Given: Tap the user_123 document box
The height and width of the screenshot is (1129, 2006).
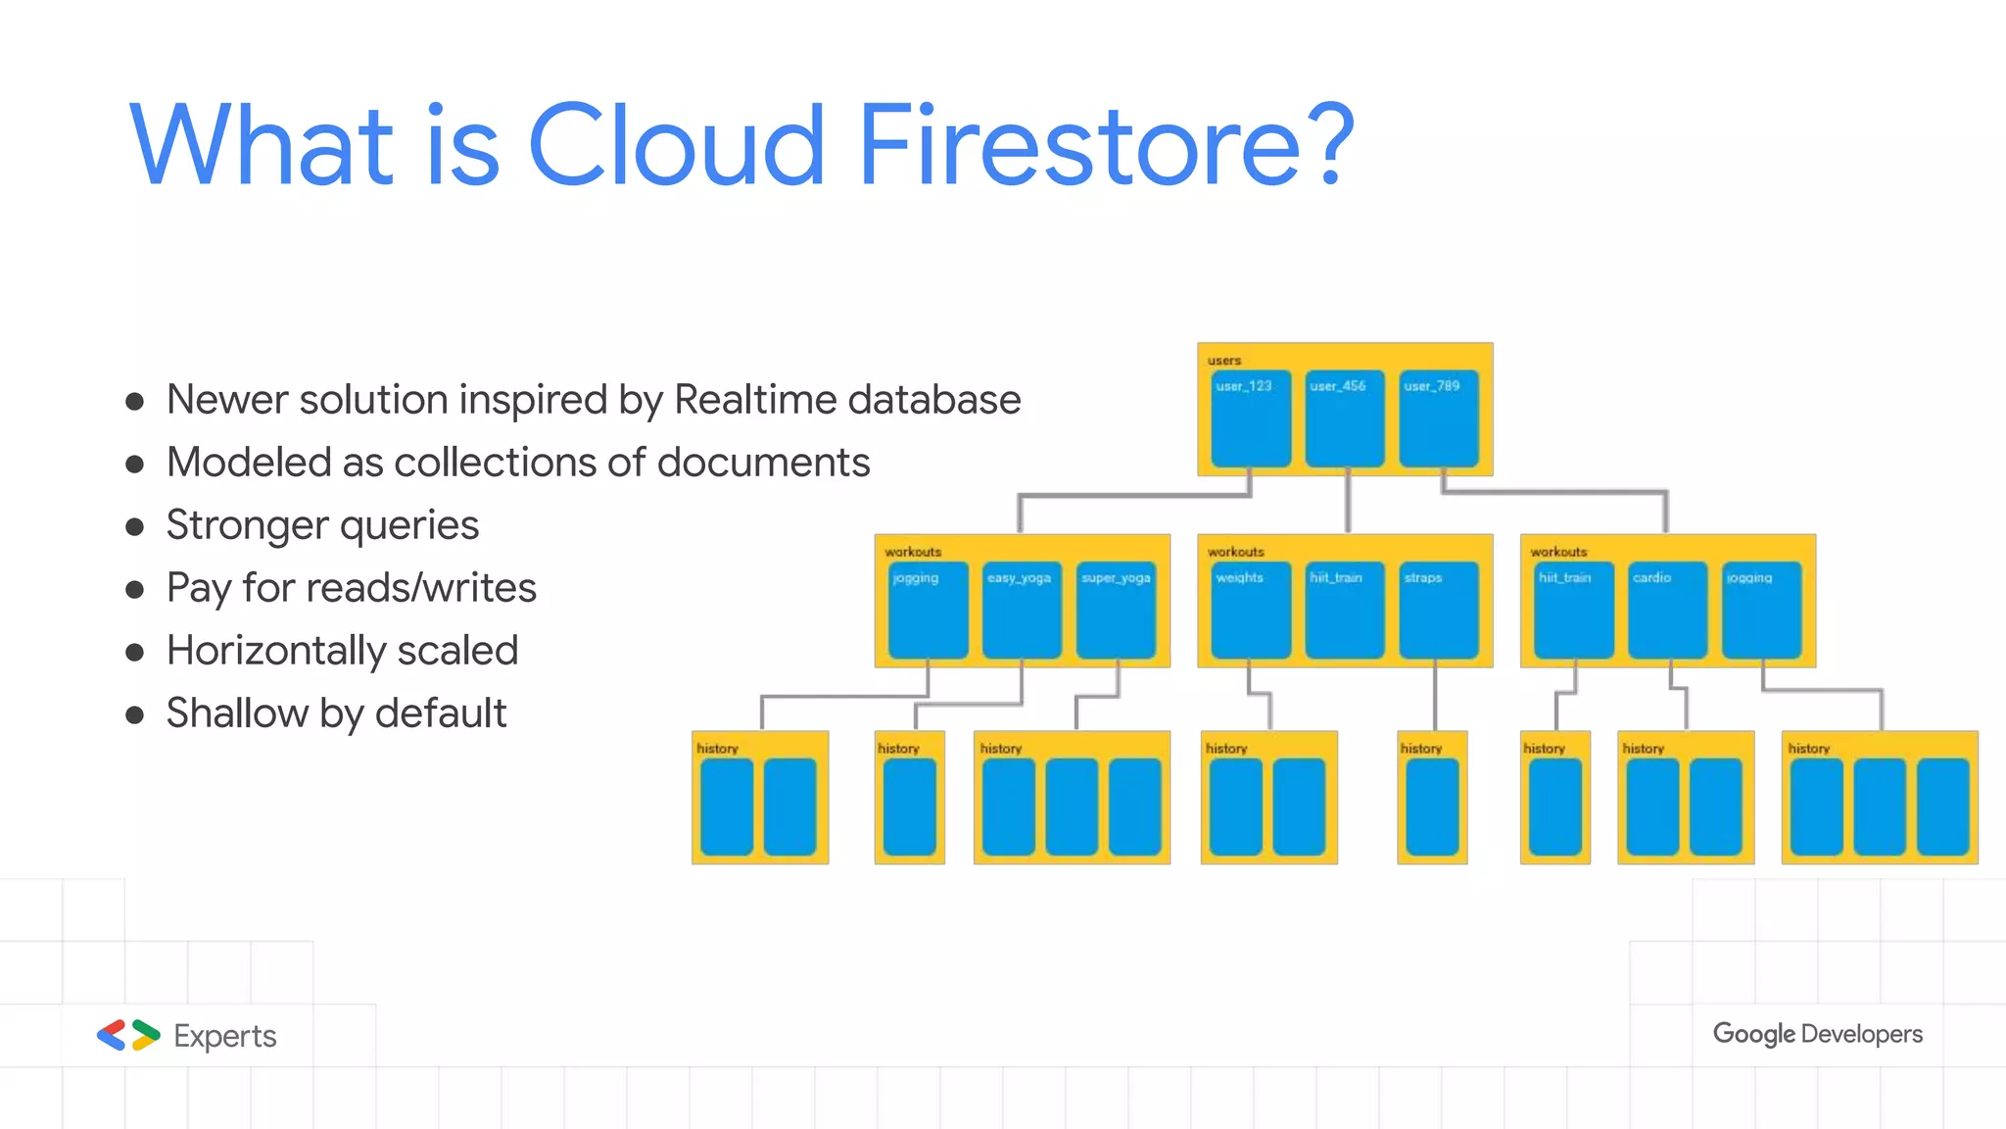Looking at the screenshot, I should coord(1250,418).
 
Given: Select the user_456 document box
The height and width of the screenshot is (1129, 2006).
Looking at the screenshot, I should coord(1344,418).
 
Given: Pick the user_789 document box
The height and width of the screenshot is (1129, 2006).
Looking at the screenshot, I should coord(1438,418).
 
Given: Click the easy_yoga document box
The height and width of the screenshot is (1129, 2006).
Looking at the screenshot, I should coord(1022,610).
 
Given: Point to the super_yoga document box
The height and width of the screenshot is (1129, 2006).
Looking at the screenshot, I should coord(1116,610).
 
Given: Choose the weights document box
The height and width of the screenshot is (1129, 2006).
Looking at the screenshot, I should coord(1250,610).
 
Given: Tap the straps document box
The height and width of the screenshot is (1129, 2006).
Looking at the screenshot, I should coord(1438,610).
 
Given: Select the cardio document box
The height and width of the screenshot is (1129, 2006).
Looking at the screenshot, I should coord(1667,610).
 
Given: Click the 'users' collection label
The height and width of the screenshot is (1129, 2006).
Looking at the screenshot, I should coord(1224,360).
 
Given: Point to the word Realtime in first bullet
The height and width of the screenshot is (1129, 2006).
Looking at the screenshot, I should coord(754,400).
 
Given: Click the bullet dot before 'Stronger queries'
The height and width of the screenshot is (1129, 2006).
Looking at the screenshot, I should coord(135,527).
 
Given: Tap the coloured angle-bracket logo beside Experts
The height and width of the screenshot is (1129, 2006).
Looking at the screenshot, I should coord(128,1035).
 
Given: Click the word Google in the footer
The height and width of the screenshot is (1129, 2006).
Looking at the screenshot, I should coord(1753,1034).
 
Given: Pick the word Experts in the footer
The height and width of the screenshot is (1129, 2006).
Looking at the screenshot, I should coord(225,1036).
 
